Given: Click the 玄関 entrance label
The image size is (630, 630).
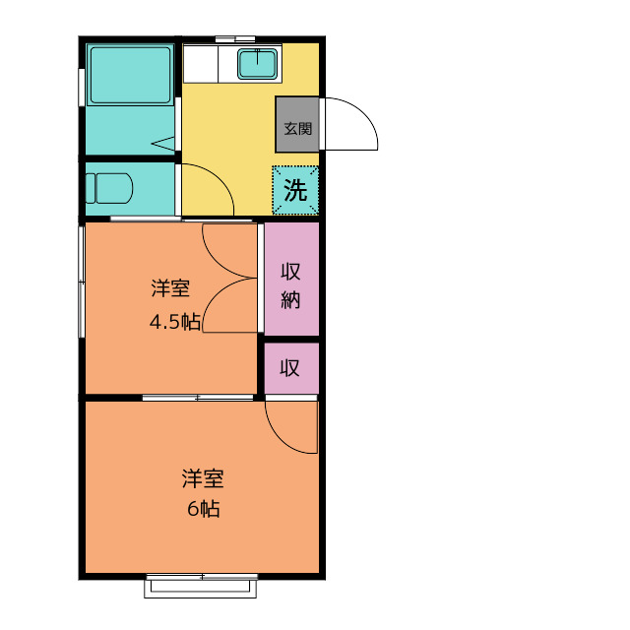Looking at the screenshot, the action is point(297,129).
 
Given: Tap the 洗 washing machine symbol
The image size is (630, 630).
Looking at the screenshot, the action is point(295,190).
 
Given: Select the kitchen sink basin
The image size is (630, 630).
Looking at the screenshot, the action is point(257,64).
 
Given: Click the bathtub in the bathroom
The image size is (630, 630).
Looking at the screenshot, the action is point(130,76).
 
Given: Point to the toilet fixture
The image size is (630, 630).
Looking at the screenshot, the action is point(109,188).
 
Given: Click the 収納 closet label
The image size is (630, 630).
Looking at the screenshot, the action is point(290,285).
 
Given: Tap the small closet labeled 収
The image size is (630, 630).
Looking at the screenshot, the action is point(291,368).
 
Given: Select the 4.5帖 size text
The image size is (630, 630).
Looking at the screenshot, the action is point(175,322).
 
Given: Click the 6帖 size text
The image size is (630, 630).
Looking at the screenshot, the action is point(204,509).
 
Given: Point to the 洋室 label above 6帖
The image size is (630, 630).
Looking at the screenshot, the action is point(203,478).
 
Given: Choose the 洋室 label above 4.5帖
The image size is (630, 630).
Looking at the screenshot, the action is point(170,287).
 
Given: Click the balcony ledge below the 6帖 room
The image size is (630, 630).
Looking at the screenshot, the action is point(201,589).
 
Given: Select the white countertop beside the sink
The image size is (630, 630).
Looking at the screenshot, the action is point(201,64).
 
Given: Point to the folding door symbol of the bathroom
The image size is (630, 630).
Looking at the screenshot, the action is point(163,144).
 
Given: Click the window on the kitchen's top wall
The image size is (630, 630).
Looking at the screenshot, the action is point(235,39).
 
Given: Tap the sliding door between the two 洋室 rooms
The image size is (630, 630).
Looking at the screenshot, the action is point(198,398).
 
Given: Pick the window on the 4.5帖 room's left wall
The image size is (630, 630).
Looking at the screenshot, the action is point(82,282).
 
